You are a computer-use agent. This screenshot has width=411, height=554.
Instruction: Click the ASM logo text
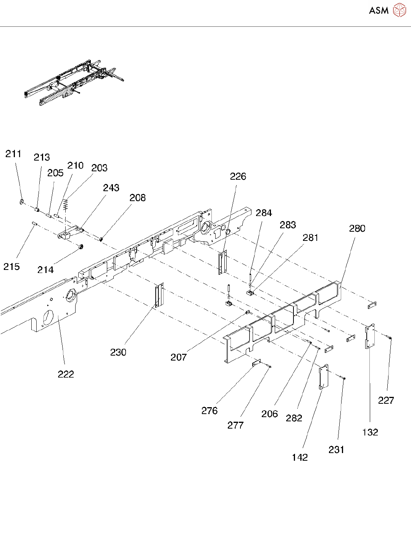click(379, 11)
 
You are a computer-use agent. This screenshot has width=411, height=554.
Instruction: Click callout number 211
click(13, 154)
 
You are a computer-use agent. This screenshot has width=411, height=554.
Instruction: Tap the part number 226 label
click(238, 176)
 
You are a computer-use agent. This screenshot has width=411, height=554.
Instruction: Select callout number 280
click(357, 228)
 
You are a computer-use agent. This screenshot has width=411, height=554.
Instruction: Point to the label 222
click(66, 374)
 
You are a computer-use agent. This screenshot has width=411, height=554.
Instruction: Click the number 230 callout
click(118, 352)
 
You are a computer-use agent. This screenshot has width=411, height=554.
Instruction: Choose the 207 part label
click(178, 357)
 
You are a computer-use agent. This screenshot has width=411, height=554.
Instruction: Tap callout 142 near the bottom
click(300, 457)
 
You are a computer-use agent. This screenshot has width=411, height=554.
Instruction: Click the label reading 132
click(370, 432)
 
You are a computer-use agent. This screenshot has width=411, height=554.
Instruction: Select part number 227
click(386, 400)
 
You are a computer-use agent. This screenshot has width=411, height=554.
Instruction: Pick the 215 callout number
click(11, 266)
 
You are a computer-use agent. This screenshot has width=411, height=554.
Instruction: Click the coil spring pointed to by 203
click(66, 205)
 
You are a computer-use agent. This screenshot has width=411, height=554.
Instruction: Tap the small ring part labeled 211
click(22, 201)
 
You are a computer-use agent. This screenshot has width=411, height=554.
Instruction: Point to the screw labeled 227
click(389, 337)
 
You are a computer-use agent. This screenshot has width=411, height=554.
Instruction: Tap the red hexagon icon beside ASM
click(399, 10)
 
